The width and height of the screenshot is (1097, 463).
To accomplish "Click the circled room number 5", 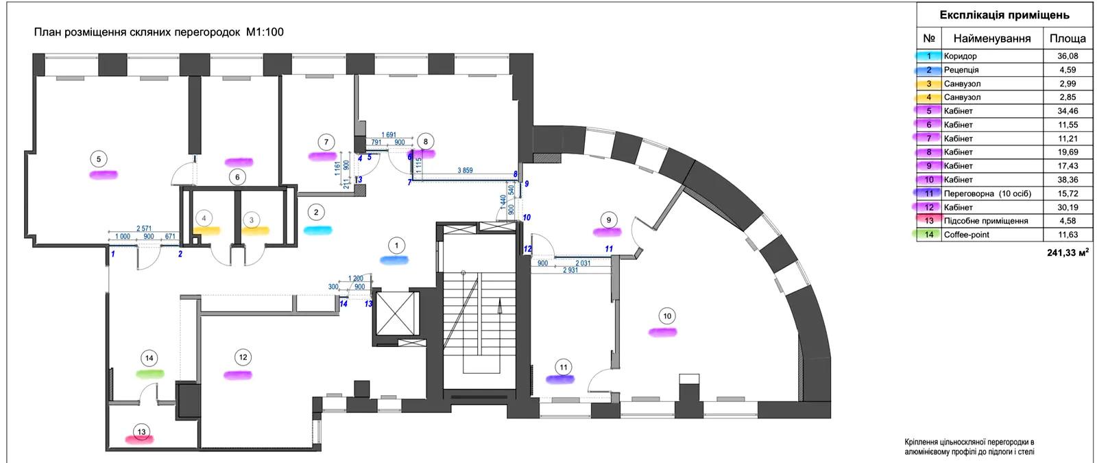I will tap(99, 159).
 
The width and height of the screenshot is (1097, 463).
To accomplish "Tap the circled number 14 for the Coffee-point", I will tap(149, 357).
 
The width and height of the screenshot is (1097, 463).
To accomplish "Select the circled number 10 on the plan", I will tap(667, 316).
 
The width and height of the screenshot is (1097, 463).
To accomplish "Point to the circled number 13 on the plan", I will tap(141, 431).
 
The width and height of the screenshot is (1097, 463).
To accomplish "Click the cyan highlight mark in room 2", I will tap(317, 230).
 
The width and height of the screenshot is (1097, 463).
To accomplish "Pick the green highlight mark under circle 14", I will tap(149, 374).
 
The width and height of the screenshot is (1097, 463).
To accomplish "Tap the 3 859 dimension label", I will tap(464, 170).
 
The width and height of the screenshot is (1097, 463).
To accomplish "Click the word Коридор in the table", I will tap(960, 56).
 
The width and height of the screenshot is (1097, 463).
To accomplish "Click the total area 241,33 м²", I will tap(1064, 252).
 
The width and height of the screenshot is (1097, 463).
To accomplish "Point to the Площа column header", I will tap(1068, 39).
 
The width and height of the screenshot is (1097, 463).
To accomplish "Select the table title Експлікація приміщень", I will tap(1004, 14).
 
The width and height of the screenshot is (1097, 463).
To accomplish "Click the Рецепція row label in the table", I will tap(961, 70).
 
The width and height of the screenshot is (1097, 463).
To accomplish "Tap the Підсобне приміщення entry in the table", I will tap(985, 221).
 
